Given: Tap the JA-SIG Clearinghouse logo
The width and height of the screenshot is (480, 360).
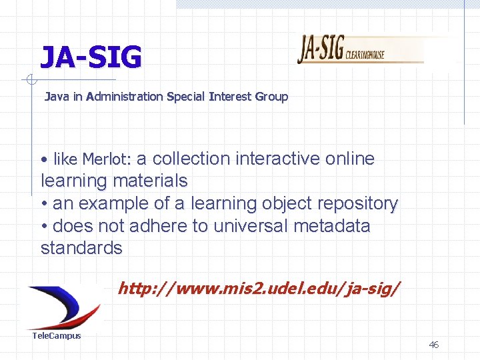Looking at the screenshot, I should click(x=360, y=49).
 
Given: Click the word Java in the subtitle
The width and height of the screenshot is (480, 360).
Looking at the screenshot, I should click(x=57, y=97).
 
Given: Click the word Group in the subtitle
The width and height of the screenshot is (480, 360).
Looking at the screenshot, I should click(x=271, y=97).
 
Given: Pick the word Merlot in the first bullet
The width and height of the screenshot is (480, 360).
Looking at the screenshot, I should click(x=107, y=159).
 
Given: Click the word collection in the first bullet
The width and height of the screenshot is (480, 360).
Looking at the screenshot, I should click(x=191, y=159).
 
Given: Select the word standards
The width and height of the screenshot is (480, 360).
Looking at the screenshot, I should click(x=81, y=249).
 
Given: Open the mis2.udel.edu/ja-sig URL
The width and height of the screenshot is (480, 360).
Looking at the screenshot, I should click(x=259, y=289).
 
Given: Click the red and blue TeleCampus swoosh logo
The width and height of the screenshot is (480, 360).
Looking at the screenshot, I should click(x=63, y=306).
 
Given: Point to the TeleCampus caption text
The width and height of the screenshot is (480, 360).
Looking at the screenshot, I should click(x=57, y=336).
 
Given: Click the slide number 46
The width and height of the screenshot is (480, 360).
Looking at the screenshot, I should click(x=433, y=345).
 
